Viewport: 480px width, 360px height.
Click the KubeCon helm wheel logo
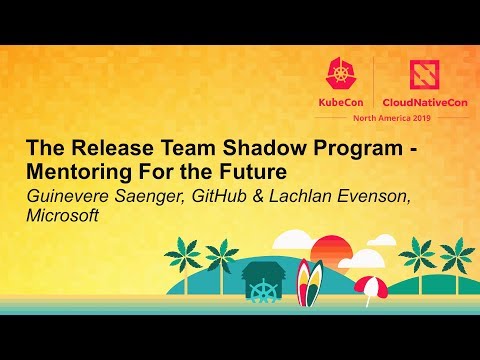(x=341, y=70)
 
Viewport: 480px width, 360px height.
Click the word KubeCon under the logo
(x=341, y=101)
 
